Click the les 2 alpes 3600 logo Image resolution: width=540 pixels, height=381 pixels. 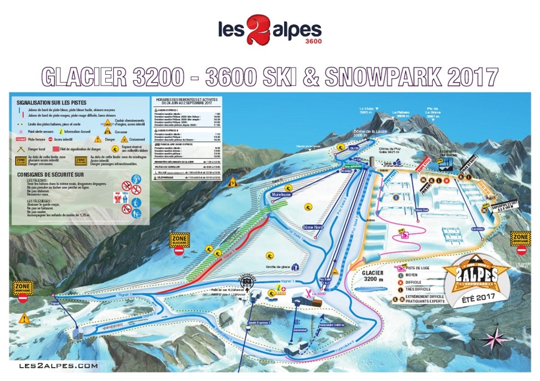pyautogui.click(x=270, y=34)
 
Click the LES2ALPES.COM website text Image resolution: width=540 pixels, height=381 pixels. pyautogui.click(x=59, y=365)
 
